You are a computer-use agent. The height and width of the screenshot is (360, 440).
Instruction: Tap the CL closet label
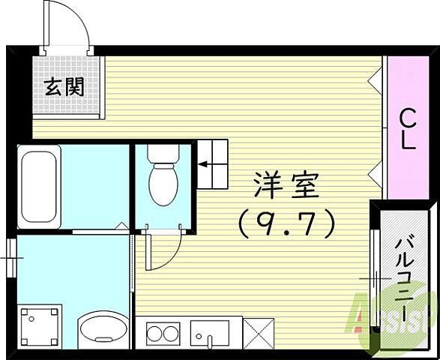pos(407,128)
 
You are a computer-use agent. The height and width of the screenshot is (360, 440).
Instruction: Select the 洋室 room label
pos(286,185)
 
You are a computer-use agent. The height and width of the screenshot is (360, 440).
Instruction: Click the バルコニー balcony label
pos(406,277)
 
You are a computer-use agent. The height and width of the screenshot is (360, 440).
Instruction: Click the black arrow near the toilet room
pos(207,161)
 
